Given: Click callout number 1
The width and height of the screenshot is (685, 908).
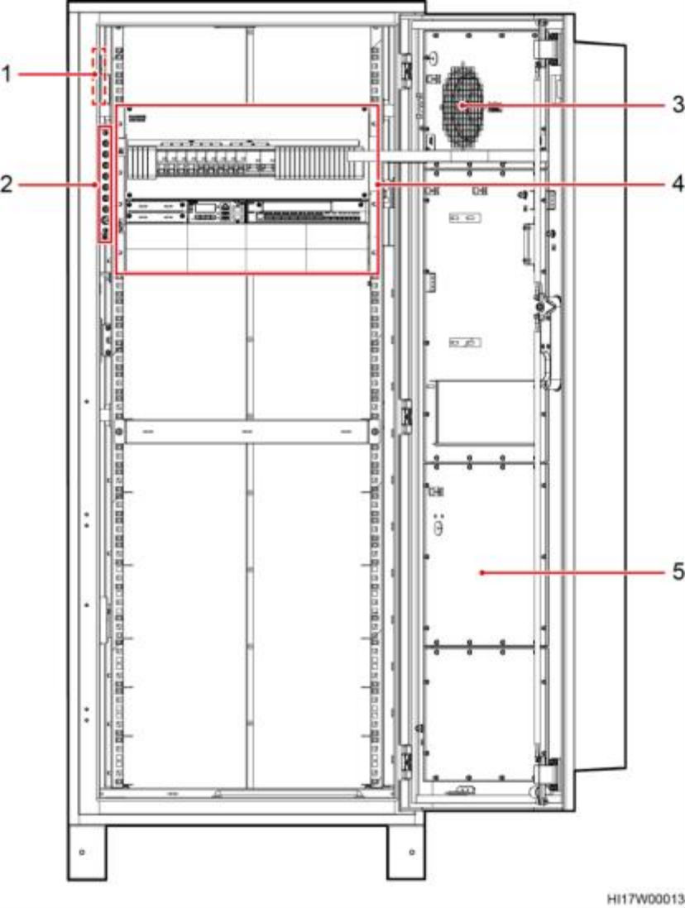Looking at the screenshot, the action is pos(7,74).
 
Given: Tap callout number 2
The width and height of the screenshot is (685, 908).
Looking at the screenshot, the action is pos(7,184).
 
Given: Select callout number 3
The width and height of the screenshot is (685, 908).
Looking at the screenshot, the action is pos(678,105).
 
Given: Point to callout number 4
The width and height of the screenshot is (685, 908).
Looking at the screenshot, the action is pos(678,184).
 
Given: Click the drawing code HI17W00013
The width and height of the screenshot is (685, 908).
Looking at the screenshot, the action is pos(645,899).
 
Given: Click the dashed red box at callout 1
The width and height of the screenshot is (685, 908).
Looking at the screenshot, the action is pos(99,77).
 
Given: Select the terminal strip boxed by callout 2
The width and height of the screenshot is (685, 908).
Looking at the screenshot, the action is pos(105,184).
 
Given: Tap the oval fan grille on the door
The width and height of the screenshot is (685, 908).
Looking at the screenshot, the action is pos(463,106).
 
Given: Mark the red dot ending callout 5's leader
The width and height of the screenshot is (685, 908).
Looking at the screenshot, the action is pos(482,573).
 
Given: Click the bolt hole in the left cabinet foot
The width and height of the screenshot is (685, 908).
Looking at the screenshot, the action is pos(82,852).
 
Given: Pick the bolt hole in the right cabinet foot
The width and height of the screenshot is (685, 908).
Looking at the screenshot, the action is pos(411,852).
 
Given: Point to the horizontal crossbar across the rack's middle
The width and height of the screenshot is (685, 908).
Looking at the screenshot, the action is pos(247,432).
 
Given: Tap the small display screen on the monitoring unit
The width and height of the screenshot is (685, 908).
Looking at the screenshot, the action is pos(205,208).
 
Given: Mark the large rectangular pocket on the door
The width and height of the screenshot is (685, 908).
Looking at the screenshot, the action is pos(485,413).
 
